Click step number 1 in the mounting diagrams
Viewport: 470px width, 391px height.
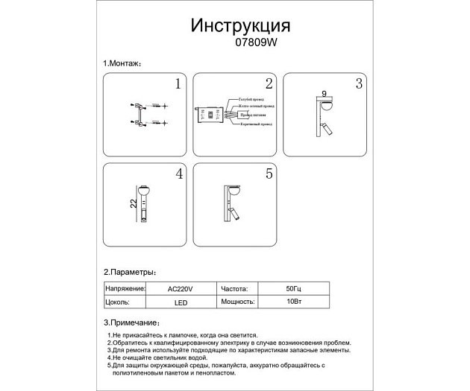pyautogui.click(x=178, y=84)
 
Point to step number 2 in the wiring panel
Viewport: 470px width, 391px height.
pyautogui.click(x=269, y=84)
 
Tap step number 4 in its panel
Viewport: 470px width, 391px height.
pyautogui.click(x=178, y=174)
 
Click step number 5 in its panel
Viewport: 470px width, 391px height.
pyautogui.click(x=269, y=174)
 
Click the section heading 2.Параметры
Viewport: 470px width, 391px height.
pyautogui.click(x=129, y=273)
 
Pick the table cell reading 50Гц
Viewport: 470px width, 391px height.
pyautogui.click(x=292, y=287)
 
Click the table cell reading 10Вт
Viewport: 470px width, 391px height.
pyautogui.click(x=292, y=302)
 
